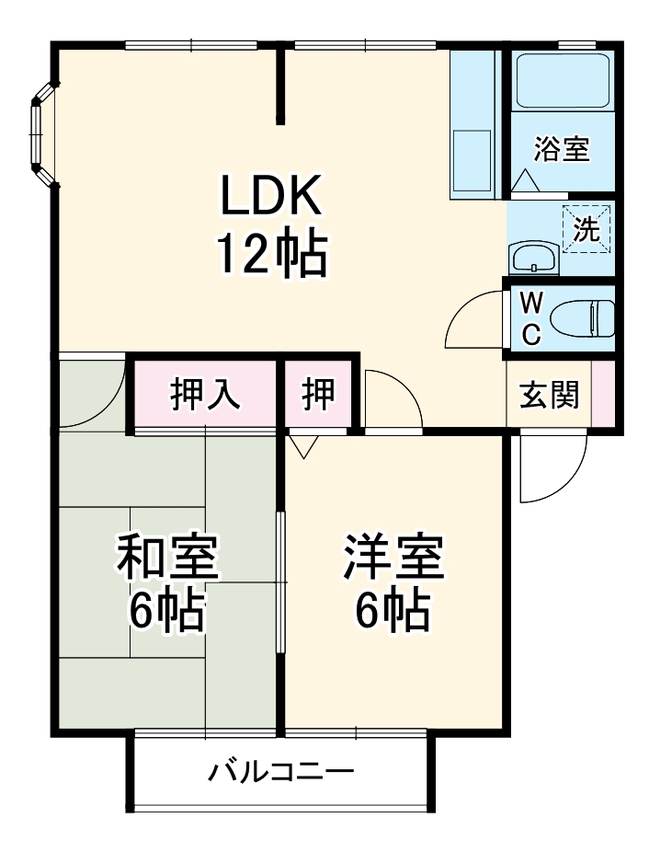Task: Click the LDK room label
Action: pyautogui.click(x=270, y=194)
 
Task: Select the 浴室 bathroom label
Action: pyautogui.click(x=562, y=149)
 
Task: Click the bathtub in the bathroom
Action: pyautogui.click(x=563, y=80)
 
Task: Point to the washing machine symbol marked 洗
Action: pyautogui.click(x=586, y=230)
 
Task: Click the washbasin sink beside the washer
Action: pyautogui.click(x=532, y=259)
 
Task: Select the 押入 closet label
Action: pyautogui.click(x=205, y=395)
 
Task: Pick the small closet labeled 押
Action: pyautogui.click(x=318, y=395)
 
